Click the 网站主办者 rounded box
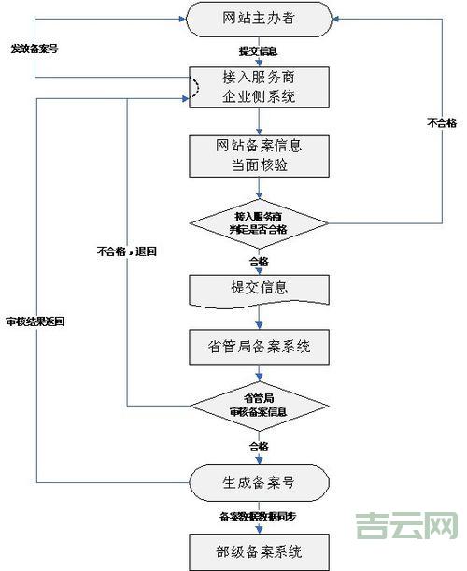[259, 19]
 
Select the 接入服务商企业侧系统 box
[259, 87]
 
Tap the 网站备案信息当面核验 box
[259, 155]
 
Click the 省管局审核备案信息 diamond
[259, 406]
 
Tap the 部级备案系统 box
[259, 549]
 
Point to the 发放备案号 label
[34, 48]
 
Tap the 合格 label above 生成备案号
[259, 446]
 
